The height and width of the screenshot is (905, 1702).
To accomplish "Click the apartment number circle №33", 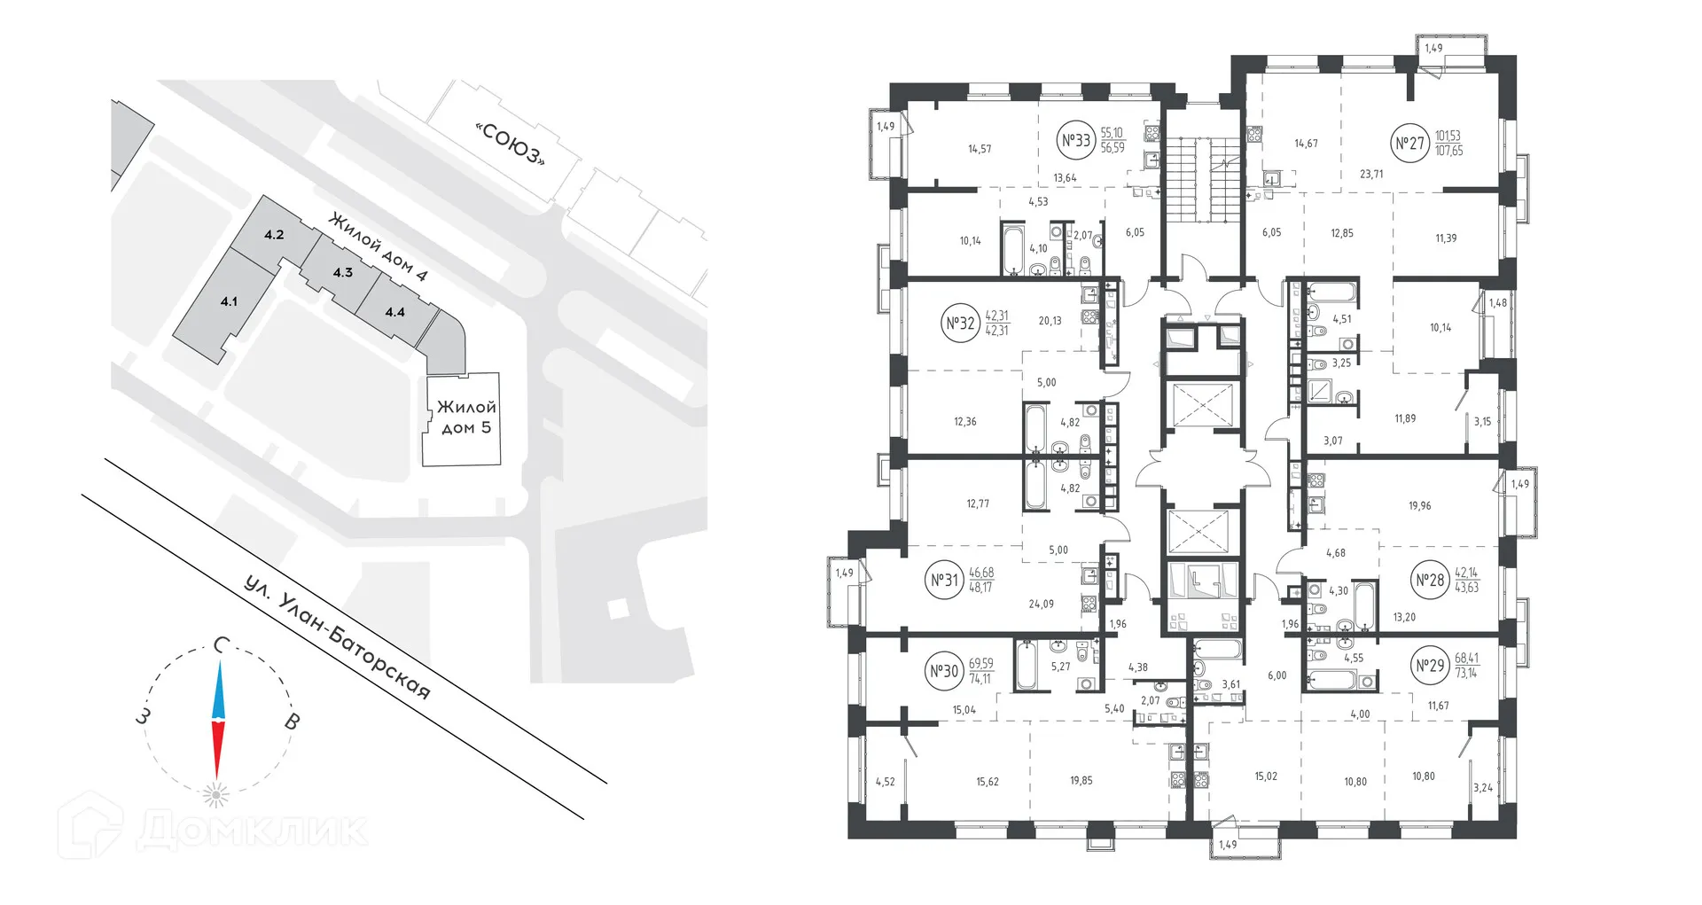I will click(1075, 140).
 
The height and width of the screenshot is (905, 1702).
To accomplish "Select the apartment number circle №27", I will click(1409, 143).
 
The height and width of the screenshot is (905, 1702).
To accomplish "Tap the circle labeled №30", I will click(944, 671).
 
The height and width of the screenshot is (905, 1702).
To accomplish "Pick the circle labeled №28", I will click(1430, 581).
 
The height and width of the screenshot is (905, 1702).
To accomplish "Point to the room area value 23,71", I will click(1371, 175).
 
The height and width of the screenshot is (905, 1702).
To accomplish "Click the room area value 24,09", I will click(1041, 605).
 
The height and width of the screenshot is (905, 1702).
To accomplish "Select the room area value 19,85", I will click(1081, 781).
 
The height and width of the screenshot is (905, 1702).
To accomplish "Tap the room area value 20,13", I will click(1050, 321).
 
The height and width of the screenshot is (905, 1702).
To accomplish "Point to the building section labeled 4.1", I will click(229, 301).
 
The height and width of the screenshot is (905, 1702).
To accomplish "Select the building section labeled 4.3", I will click(342, 272).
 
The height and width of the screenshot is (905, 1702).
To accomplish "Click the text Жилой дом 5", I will click(465, 417).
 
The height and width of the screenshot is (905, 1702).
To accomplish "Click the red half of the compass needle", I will click(216, 749).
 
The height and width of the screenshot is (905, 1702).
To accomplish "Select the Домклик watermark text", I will click(252, 831).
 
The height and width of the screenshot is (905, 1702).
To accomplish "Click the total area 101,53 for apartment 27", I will click(1448, 136).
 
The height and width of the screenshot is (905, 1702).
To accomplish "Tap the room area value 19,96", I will click(1419, 506).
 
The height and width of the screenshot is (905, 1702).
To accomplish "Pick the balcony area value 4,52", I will click(885, 782).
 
